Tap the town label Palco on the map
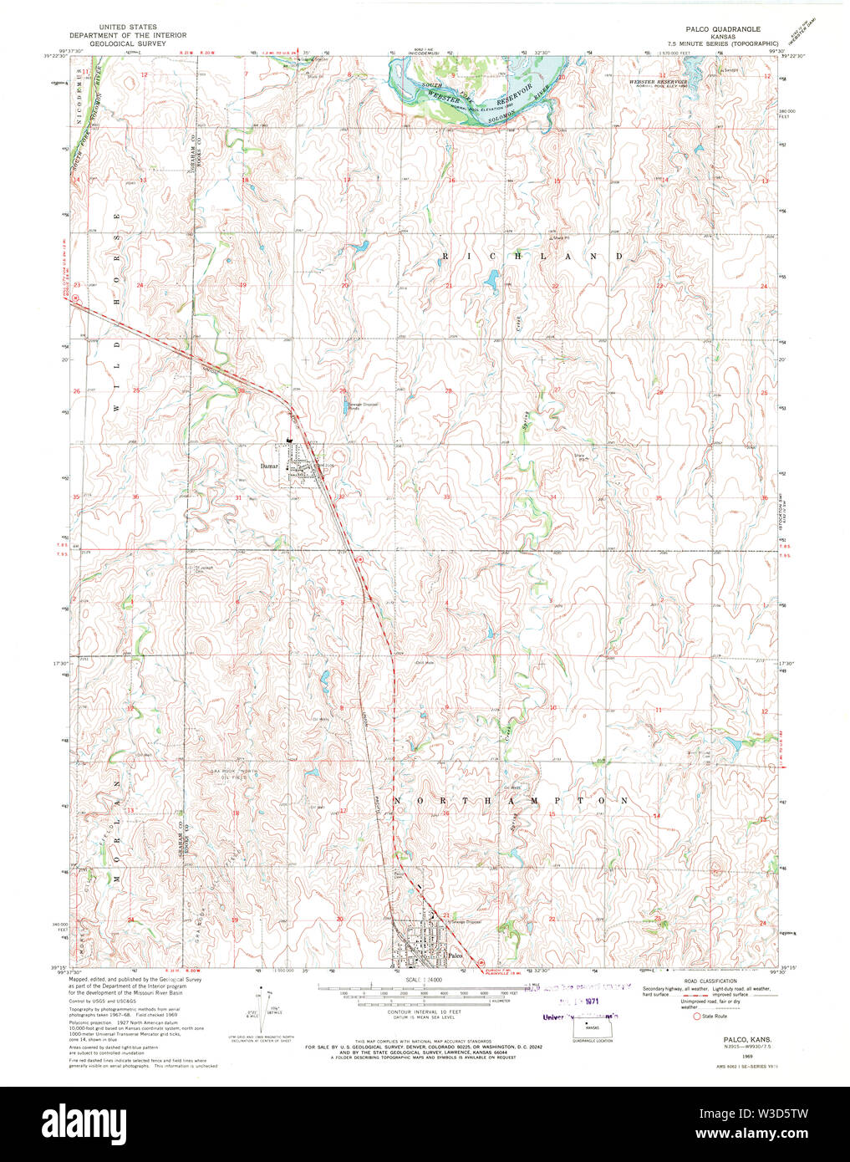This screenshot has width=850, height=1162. tap(455, 955)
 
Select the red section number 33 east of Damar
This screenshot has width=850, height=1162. tap(447, 497)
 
